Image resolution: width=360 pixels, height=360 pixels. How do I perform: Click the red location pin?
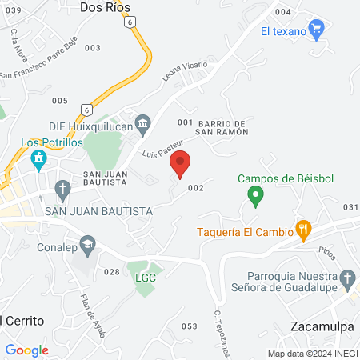click(181, 163)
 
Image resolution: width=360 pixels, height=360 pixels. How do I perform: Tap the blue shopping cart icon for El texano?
click(316, 31)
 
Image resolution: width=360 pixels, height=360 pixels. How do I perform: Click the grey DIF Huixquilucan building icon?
click(143, 122)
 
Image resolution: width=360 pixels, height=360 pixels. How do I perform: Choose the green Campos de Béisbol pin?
click(254, 194)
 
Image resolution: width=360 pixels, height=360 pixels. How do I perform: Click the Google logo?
click(26, 350)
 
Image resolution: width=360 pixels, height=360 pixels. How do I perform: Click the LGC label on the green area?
click(145, 278)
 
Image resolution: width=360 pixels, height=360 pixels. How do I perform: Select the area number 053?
click(189, 326)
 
